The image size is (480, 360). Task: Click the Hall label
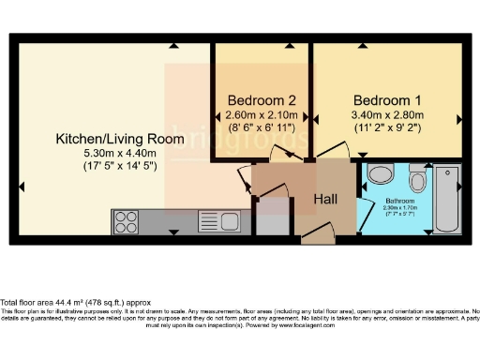[324, 199]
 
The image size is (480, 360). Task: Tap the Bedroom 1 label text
[387, 100]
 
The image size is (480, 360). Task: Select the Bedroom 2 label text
[260, 100]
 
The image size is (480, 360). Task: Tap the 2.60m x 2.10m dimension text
[260, 116]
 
